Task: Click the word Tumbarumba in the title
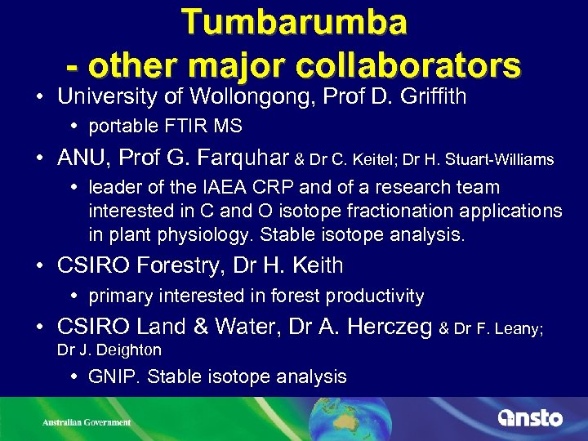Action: coord(294,22)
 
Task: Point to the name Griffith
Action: coord(430,97)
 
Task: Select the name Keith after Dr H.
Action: coord(317,265)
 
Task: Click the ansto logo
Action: coord(530,417)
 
